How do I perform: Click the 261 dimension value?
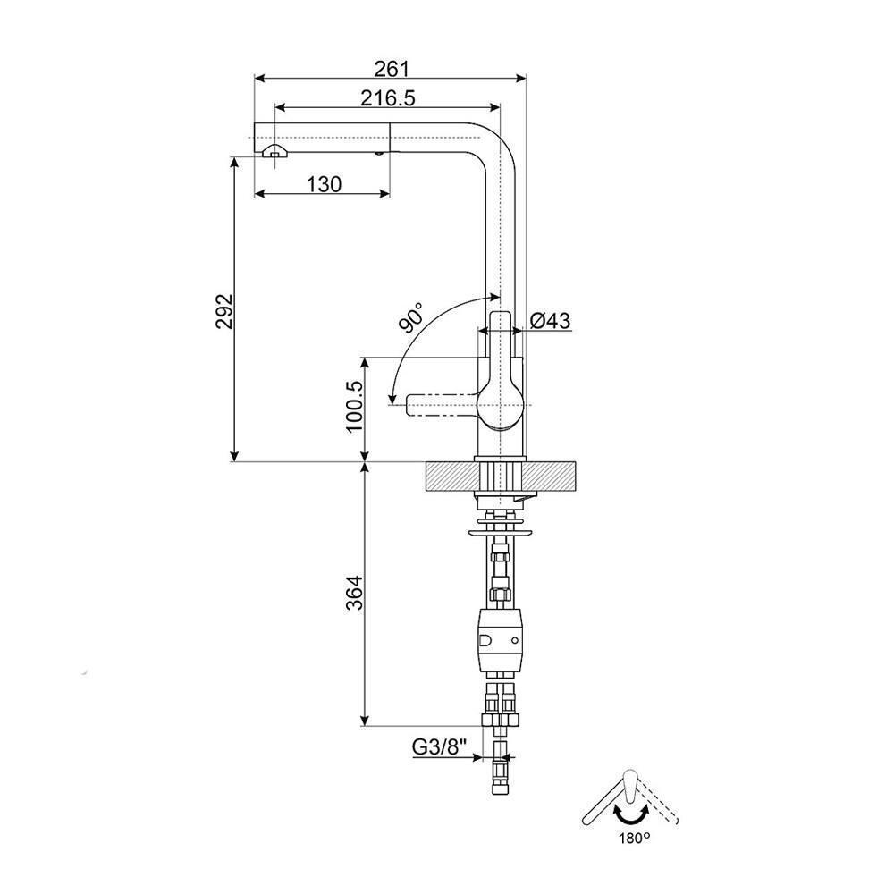click(391, 68)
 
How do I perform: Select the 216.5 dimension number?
click(389, 97)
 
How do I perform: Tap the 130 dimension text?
click(324, 184)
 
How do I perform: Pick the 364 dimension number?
click(354, 592)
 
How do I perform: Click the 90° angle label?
click(413, 317)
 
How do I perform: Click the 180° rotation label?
click(632, 838)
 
